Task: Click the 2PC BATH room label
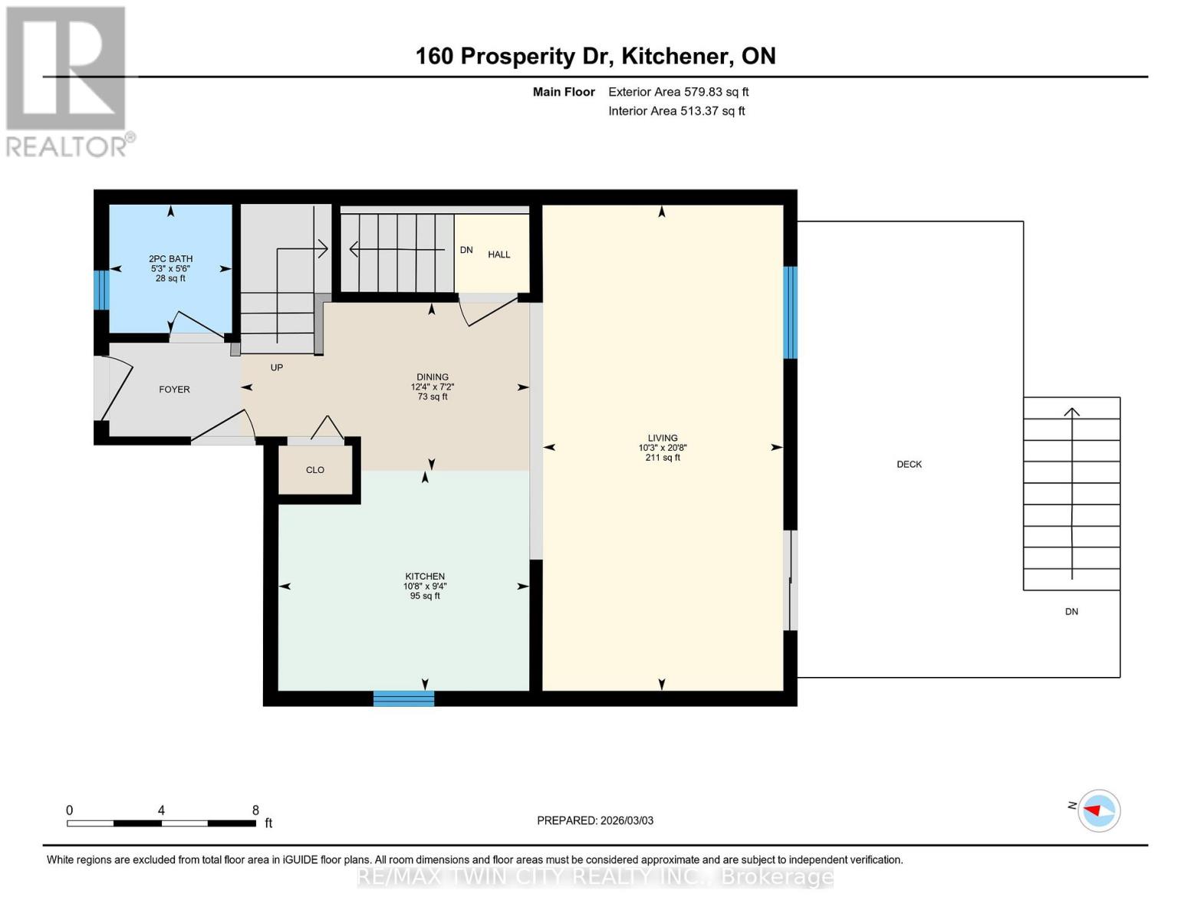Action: coord(170,259)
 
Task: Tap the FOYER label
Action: coord(174,389)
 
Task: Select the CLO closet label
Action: coord(315,470)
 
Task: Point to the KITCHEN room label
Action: coord(425,577)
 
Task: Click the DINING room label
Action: coord(433,377)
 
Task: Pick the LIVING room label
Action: coord(663,439)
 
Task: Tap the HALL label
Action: coord(499,255)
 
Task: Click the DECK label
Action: coord(910,465)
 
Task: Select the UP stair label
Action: coord(277,368)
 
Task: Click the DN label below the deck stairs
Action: coord(1071,612)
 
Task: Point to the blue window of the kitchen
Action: coord(403,698)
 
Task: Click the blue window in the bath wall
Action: coord(101,290)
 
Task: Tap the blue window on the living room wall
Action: coord(790,313)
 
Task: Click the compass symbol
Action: coord(1099,810)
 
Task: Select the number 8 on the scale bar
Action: coord(255,810)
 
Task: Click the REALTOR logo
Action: coord(67,80)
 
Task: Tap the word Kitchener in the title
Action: coord(674,56)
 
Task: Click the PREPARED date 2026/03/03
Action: coord(627,820)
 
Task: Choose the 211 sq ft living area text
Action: coord(663,458)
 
